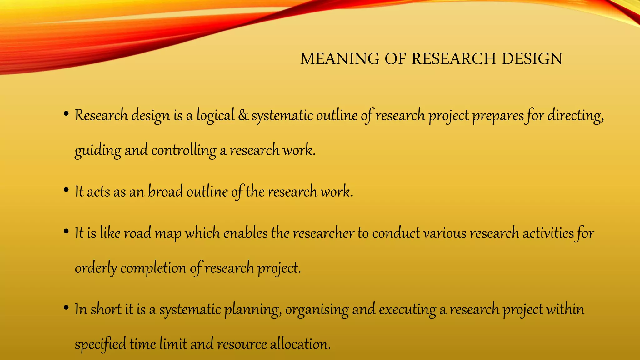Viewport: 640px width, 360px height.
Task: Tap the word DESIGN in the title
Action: [532, 59]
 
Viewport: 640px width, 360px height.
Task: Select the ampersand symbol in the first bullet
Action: [243, 115]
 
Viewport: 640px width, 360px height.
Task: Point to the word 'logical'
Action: [215, 116]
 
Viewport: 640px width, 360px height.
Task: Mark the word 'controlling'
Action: [184, 150]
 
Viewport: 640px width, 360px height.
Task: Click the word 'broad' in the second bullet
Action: [165, 191]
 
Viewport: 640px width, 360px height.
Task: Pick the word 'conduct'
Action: [396, 233]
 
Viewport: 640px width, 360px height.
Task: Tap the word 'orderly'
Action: [96, 268]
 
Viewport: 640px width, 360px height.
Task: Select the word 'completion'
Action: [153, 268]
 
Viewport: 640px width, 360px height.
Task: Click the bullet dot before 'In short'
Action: [66, 308]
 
